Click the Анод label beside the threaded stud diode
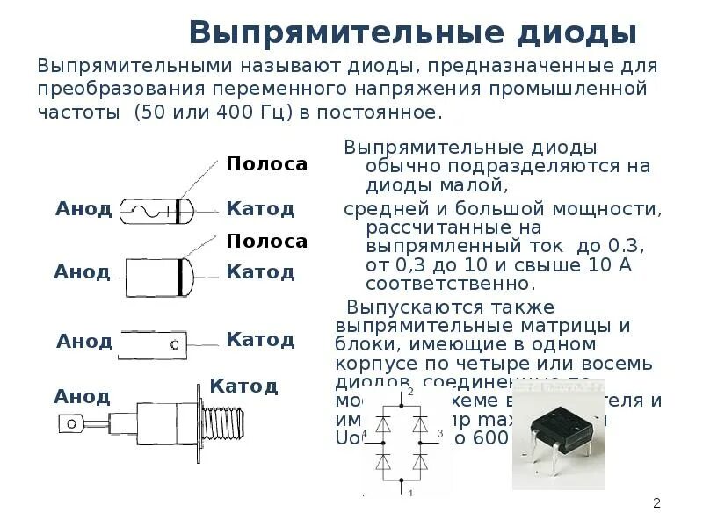[x=82, y=396]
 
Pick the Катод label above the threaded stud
[x=244, y=386]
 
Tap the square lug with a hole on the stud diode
[x=70, y=423]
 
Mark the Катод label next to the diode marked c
[x=260, y=339]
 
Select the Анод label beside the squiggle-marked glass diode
[x=83, y=209]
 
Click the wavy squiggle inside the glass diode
[x=149, y=211]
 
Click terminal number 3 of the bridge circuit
[x=439, y=434]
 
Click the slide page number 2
[x=656, y=503]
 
